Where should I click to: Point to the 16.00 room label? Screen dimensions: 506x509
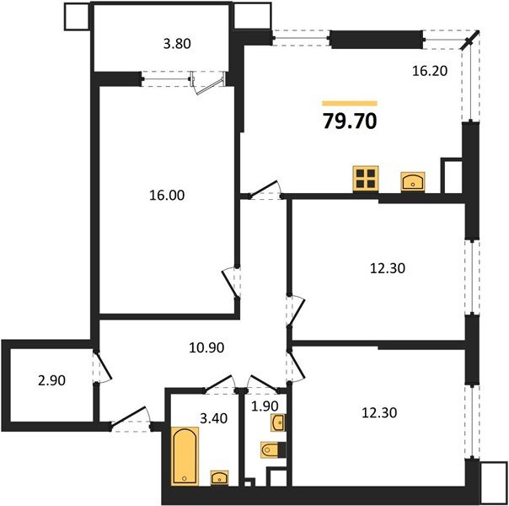165,195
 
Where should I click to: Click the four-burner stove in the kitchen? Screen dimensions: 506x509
366,178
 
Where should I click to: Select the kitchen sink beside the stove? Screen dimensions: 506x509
413,180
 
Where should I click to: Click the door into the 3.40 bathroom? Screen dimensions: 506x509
219,385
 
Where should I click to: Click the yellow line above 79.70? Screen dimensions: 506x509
349,103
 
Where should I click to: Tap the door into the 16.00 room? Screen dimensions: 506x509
231,284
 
